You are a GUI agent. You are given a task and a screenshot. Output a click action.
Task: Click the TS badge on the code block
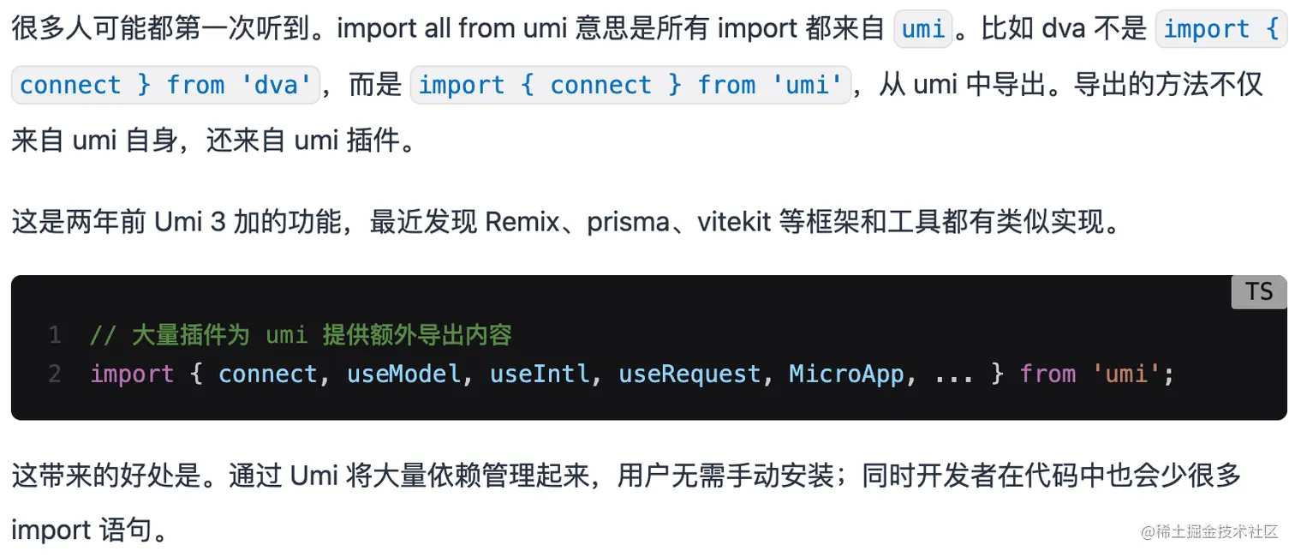pos(1259,291)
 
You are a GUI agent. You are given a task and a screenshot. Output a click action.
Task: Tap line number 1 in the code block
pos(55,334)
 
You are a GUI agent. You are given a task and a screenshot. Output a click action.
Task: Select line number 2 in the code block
pos(55,374)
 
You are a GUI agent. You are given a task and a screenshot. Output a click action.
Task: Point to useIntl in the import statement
pos(540,374)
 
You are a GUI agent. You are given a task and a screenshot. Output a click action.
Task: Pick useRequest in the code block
pos(689,374)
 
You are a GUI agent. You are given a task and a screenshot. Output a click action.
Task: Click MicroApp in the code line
pos(846,374)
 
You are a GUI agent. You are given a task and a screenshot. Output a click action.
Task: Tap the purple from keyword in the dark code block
pos(1047,374)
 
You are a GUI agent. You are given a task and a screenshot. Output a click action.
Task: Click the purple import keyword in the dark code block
pos(132,374)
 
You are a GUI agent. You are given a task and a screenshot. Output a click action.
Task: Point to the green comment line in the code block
pos(300,334)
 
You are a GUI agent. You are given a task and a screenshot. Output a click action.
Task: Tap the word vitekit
pos(731,222)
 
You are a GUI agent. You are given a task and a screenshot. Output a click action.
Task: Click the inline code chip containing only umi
pos(923,30)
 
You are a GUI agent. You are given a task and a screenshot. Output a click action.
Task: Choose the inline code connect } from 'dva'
pos(164,85)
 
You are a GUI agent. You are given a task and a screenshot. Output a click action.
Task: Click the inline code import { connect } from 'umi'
pos(630,85)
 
